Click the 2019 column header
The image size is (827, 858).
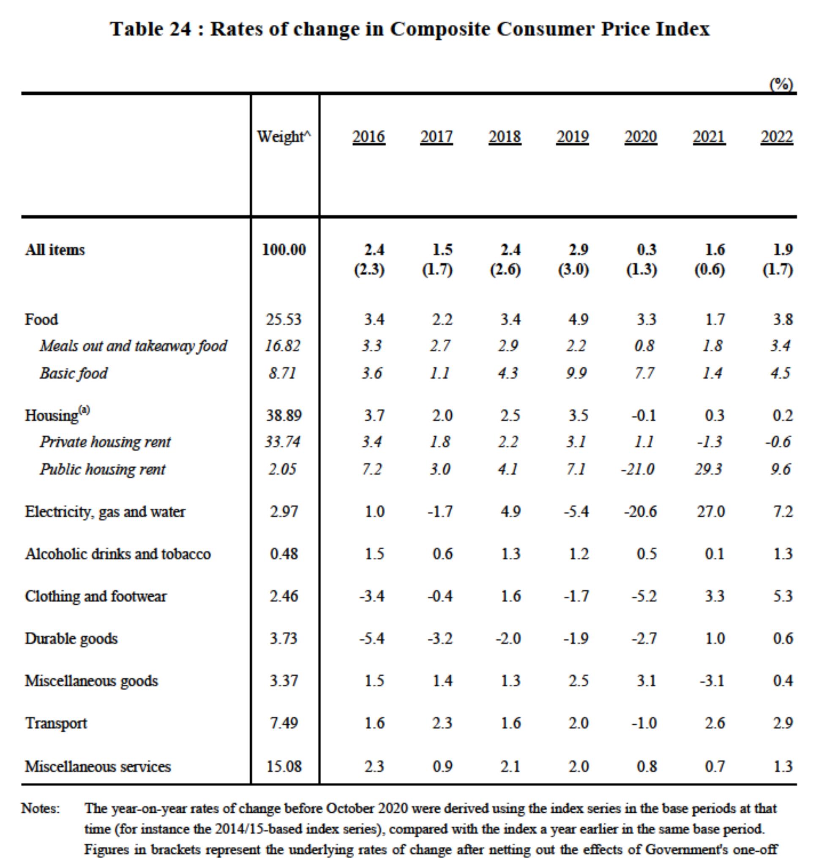pos(572,137)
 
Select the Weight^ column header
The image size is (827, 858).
pos(284,137)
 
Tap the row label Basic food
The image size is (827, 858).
pos(74,373)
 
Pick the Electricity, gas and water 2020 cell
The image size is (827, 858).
pos(641,511)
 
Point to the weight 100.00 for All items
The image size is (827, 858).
pos(284,250)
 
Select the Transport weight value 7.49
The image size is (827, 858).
pos(284,723)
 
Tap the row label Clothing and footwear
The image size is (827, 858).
pos(96,596)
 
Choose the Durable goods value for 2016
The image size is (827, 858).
pos(372,638)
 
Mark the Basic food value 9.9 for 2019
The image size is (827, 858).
pos(577,373)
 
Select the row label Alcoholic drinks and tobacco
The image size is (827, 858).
pos(118,554)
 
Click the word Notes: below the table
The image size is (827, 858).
pos(41,808)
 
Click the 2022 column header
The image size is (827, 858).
pos(777,137)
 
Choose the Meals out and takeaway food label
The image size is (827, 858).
pos(134,346)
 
